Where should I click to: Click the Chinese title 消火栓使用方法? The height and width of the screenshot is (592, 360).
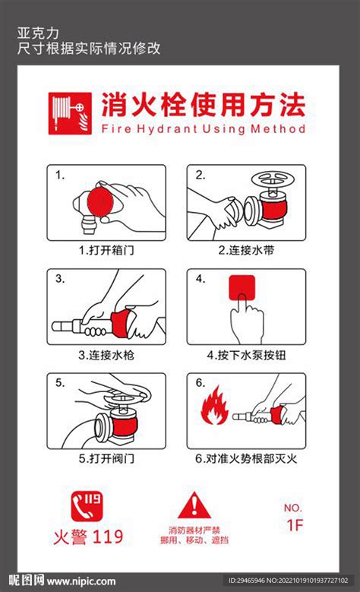pyautogui.click(x=203, y=105)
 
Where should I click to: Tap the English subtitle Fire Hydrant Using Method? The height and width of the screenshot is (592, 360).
pyautogui.click(x=203, y=129)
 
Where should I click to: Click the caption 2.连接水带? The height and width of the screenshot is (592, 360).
pyautogui.click(x=246, y=249)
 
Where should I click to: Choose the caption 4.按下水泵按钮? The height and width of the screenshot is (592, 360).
pyautogui.click(x=246, y=355)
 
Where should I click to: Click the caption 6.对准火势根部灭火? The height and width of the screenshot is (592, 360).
pyautogui.click(x=246, y=459)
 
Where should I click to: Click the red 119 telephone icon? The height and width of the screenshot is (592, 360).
pyautogui.click(x=87, y=505)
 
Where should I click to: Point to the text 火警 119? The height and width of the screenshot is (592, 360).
pyautogui.click(x=87, y=537)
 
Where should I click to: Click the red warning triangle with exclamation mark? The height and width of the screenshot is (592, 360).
pyautogui.click(x=196, y=505)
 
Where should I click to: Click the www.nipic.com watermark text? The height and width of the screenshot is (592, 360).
pyautogui.click(x=77, y=579)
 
